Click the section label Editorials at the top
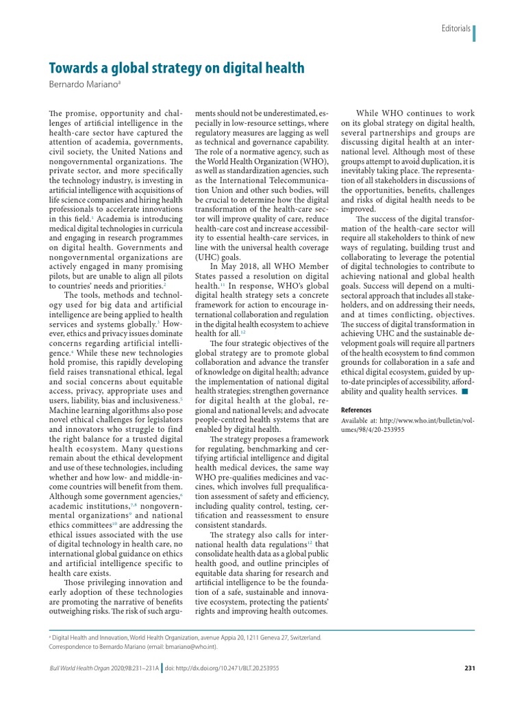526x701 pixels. click(455, 29)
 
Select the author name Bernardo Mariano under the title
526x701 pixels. click(83, 84)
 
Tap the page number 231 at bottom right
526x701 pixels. click(469, 668)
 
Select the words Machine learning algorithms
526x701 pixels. click(98, 409)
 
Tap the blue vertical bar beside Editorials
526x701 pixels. click(474, 31)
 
